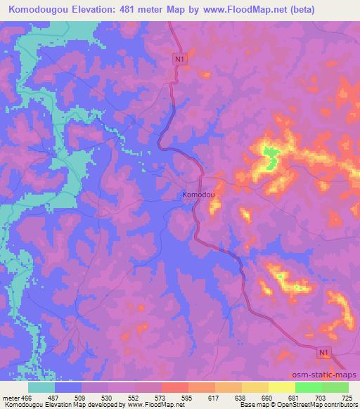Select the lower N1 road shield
click(x=323, y=351)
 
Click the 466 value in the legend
click(x=25, y=398)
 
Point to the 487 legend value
click(x=54, y=398)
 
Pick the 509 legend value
click(x=81, y=398)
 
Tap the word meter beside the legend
click(x=10, y=398)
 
